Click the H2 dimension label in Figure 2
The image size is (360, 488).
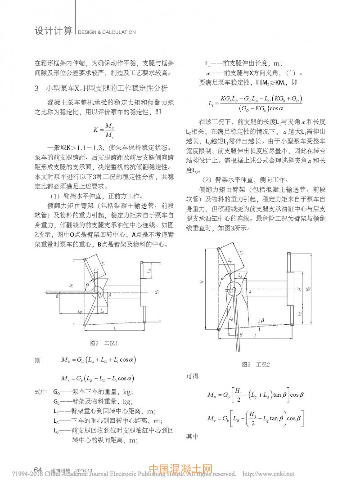157,292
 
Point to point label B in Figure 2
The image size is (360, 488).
57,296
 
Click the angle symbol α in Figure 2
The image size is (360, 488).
89,284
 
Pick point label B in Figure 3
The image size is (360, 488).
241,335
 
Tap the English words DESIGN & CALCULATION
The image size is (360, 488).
107,32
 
